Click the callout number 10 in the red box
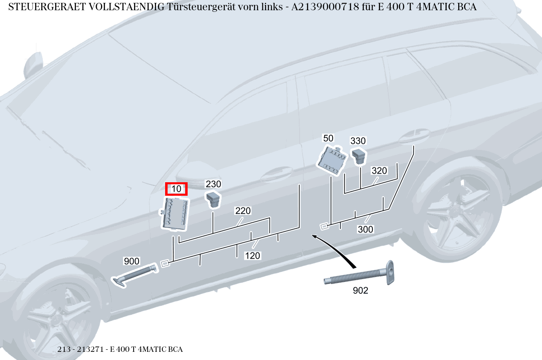pyautogui.click(x=176, y=189)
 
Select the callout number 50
pyautogui.click(x=328, y=138)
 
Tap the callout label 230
pyautogui.click(x=213, y=184)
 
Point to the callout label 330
pyautogui.click(x=358, y=141)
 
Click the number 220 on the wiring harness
pyautogui.click(x=243, y=211)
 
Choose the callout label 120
pyautogui.click(x=252, y=256)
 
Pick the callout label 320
pyautogui.click(x=379, y=171)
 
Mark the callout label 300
pyautogui.click(x=365, y=229)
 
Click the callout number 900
pyautogui.click(x=132, y=261)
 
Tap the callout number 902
pyautogui.click(x=360, y=291)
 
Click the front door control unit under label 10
pyautogui.click(x=176, y=213)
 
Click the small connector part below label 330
pyautogui.click(x=359, y=156)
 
